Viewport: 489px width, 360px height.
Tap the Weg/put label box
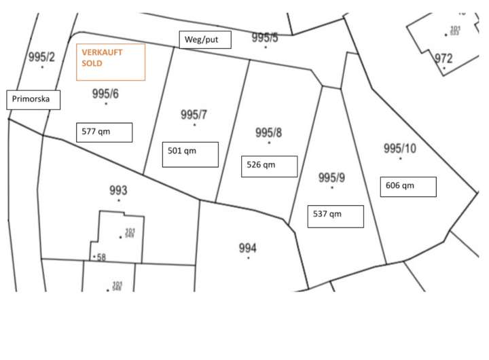coord(205,40)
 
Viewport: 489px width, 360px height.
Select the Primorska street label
coord(33,100)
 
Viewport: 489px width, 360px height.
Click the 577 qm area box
coord(104,132)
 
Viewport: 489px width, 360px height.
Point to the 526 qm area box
coord(270,166)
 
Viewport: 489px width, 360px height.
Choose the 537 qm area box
coord(336,215)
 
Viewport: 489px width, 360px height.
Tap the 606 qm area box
coord(407,186)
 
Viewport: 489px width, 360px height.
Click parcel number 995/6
coord(105,94)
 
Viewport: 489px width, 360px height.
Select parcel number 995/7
coord(194,115)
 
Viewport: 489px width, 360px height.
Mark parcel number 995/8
coord(268,132)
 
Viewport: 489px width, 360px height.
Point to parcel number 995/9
coord(332,178)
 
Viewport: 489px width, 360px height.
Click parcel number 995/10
coord(400,149)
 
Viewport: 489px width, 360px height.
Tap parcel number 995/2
coord(41,57)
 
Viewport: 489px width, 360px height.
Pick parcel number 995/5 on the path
coord(265,38)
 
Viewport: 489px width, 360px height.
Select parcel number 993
coord(118,190)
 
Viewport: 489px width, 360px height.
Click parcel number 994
coord(248,248)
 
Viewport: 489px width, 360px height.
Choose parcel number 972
coord(443,58)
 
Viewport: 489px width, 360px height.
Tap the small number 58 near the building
coord(102,257)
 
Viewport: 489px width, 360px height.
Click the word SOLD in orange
coord(92,62)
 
